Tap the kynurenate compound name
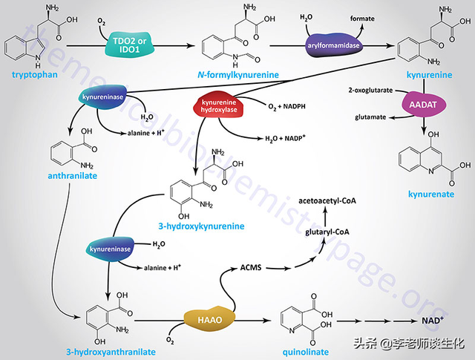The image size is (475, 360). pos(429,194)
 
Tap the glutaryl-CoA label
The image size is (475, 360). pos(327,232)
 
